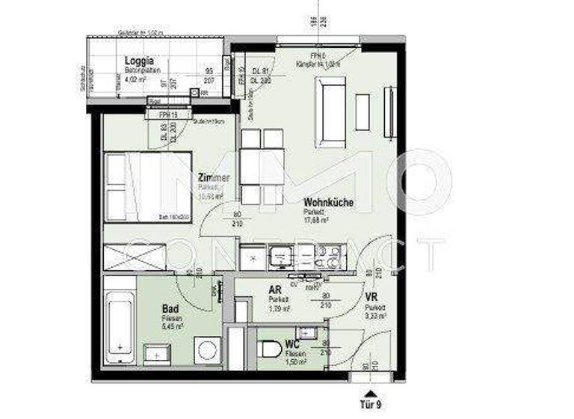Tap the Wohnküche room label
click(328, 202)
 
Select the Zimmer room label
click(214, 178)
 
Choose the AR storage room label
click(274, 290)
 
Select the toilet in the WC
click(271, 349)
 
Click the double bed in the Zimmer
click(148, 187)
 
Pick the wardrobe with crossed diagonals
click(135, 257)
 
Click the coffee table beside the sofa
click(362, 112)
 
